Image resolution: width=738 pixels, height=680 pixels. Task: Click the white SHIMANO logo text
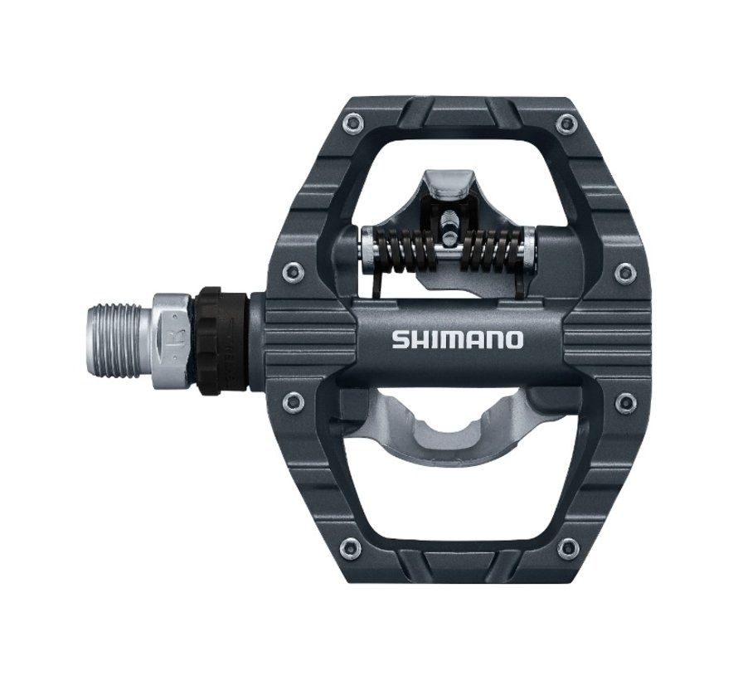point(457,339)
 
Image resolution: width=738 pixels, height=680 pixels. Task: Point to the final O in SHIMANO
point(514,339)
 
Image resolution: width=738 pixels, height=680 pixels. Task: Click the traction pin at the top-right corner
point(567,124)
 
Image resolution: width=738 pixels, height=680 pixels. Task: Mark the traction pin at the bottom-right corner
point(568,546)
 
